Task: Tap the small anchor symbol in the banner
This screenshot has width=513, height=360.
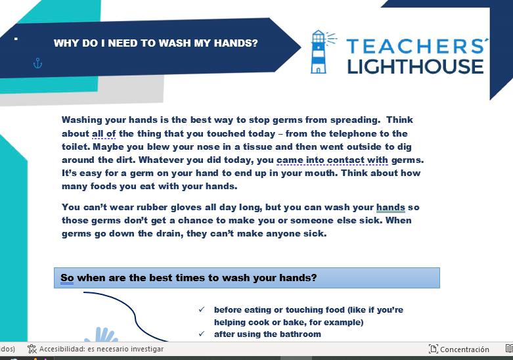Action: coord(38,63)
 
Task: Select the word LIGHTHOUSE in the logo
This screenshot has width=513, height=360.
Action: coord(415,66)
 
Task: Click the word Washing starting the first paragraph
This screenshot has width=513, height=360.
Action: coord(82,120)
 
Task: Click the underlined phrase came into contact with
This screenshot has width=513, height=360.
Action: coord(332,160)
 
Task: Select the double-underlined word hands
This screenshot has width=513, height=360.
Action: coord(391,207)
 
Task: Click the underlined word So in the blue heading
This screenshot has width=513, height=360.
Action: coord(67,278)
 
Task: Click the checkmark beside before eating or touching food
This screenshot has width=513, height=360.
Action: coord(202,309)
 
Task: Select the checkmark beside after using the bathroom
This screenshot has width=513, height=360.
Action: coord(202,334)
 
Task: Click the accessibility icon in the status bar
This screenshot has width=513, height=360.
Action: coord(32,349)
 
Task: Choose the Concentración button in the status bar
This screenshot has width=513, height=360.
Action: coord(459,349)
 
